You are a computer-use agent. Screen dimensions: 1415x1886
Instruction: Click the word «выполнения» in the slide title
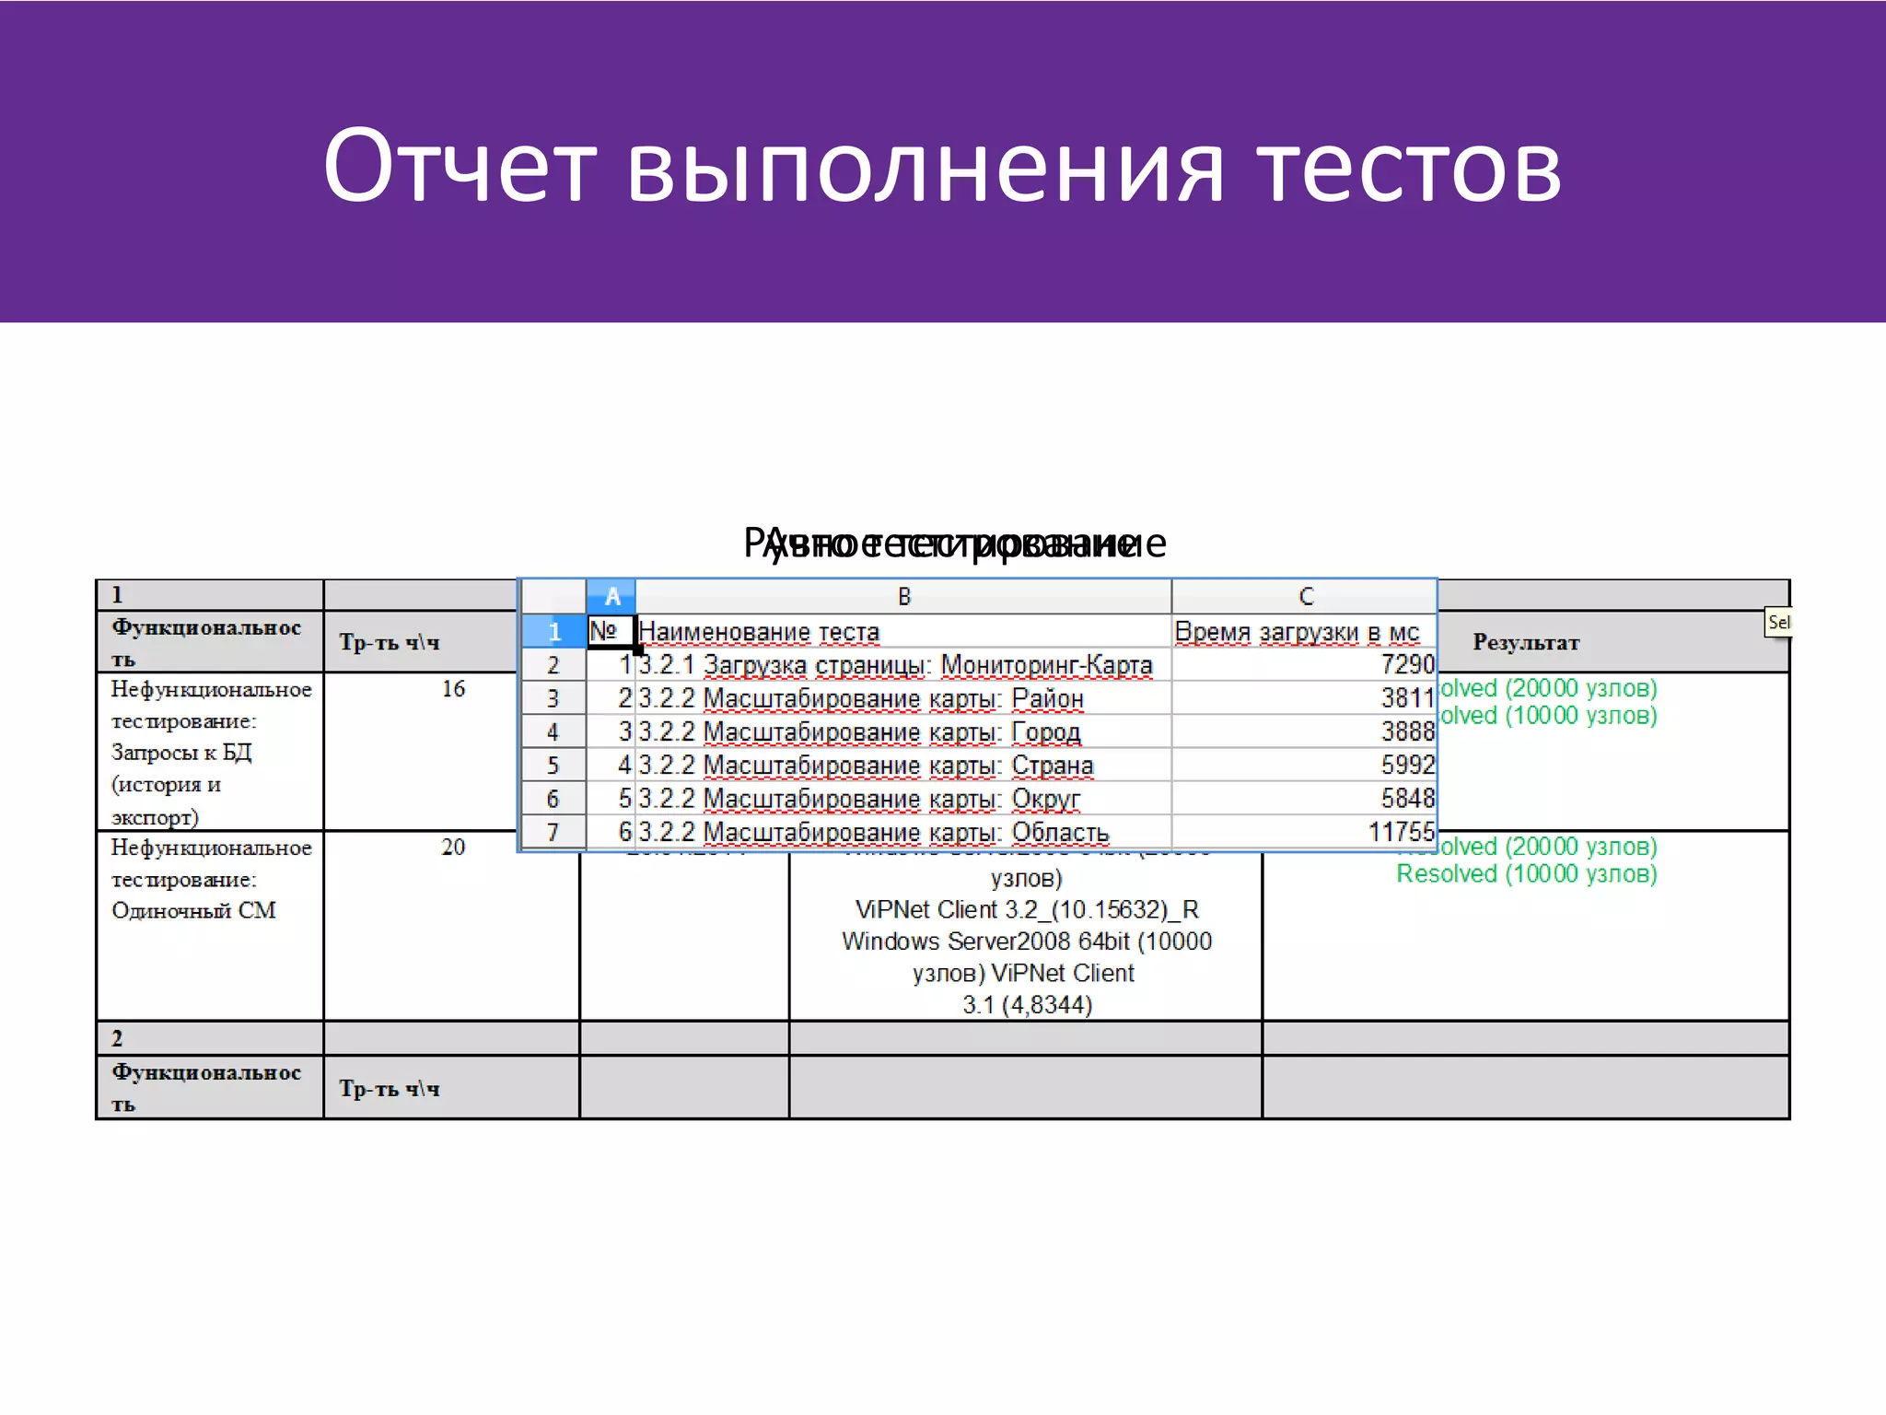[926, 168]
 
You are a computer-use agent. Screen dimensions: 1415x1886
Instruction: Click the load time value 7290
[1407, 664]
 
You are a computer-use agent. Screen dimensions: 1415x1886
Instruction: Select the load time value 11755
[1401, 832]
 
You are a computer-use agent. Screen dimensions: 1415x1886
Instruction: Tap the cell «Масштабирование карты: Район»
[892, 698]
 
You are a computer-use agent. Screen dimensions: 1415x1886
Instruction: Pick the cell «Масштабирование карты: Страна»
[897, 766]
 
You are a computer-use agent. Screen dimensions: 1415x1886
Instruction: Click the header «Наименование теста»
[759, 632]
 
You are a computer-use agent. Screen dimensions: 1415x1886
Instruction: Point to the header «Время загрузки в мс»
[1297, 632]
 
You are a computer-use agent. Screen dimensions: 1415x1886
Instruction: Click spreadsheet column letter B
[903, 597]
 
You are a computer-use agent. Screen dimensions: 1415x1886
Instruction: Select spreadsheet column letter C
[1305, 597]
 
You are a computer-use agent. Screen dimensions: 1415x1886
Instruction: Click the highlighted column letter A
[611, 597]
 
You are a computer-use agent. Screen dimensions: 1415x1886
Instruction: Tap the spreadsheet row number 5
[553, 766]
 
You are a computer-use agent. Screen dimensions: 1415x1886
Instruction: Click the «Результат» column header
[1525, 642]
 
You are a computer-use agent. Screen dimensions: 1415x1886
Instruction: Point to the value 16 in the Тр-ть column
[453, 688]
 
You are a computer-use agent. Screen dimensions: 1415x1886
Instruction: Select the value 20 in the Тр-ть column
[453, 847]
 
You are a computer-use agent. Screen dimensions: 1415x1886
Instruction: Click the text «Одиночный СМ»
[193, 910]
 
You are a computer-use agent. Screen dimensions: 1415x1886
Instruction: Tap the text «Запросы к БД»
[181, 753]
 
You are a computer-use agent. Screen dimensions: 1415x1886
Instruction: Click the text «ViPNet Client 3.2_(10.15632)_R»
[1026, 910]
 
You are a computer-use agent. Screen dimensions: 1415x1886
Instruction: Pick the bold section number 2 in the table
[117, 1038]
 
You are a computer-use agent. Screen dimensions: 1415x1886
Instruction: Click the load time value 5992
[1407, 765]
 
